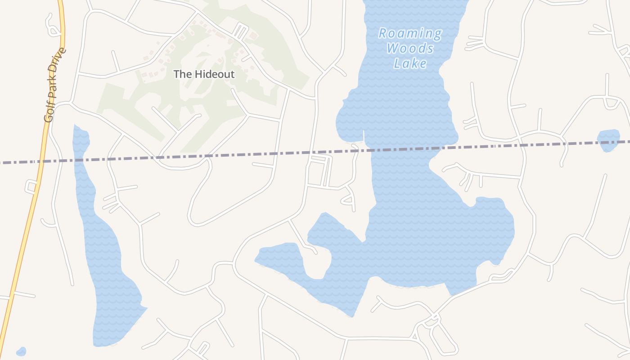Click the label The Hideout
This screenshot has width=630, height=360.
click(204, 74)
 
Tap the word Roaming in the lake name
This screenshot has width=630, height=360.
click(410, 34)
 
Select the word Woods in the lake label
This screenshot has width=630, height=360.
click(410, 49)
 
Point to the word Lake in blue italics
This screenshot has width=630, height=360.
click(410, 63)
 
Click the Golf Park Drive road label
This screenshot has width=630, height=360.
click(55, 85)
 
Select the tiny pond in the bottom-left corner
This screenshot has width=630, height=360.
click(21, 351)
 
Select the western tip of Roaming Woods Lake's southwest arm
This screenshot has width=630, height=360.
click(256, 260)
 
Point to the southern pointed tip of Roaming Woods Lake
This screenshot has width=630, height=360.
click(352, 315)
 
